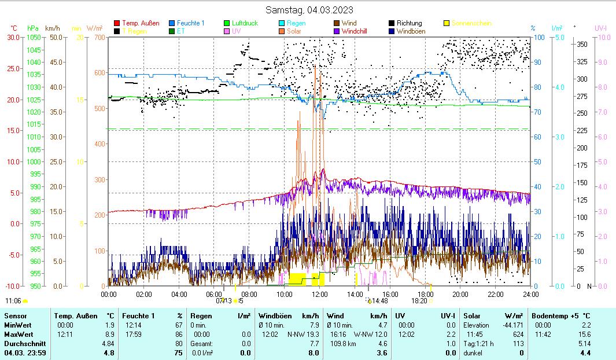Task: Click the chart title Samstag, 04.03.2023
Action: tap(309, 10)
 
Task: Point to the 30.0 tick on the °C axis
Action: tap(13, 37)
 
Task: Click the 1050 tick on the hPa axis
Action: tap(34, 37)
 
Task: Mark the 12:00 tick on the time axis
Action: tap(320, 294)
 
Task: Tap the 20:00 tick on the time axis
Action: tap(460, 294)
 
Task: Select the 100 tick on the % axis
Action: tap(537, 37)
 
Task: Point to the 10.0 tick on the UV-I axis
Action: tap(602, 37)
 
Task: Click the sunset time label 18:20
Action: tap(419, 301)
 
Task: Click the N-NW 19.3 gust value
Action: tap(303, 334)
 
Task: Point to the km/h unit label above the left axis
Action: tap(53, 28)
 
